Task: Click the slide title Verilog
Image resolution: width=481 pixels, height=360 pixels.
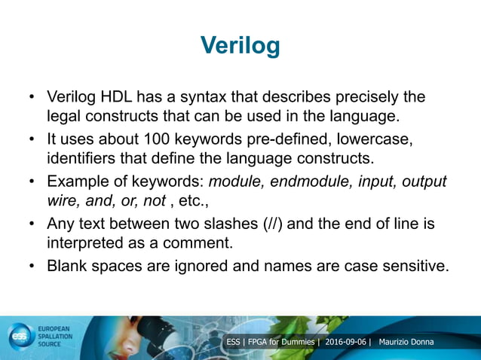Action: tap(240, 45)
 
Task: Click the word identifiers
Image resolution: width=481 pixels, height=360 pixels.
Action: tap(84, 159)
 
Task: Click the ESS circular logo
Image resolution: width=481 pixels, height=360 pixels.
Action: tap(19, 337)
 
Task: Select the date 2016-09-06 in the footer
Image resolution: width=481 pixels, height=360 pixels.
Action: tap(345, 343)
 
